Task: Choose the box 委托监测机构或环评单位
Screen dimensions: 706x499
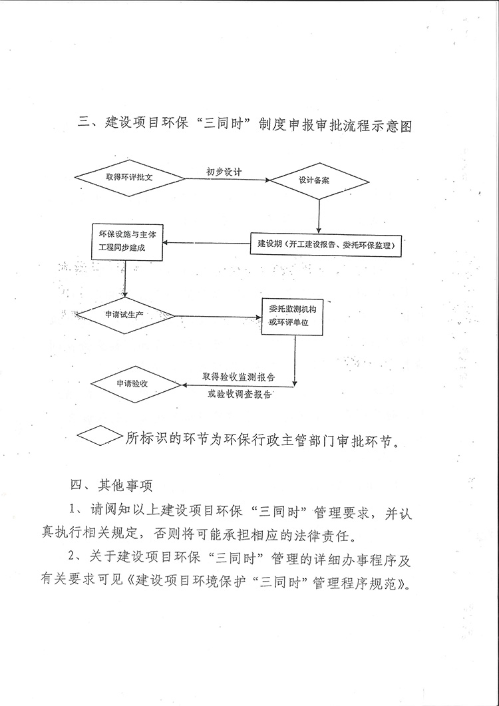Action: click(x=293, y=316)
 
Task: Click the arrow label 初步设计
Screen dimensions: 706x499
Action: click(x=223, y=172)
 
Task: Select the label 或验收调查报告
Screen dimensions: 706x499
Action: click(x=240, y=395)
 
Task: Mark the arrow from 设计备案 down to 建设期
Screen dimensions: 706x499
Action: click(x=319, y=216)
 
